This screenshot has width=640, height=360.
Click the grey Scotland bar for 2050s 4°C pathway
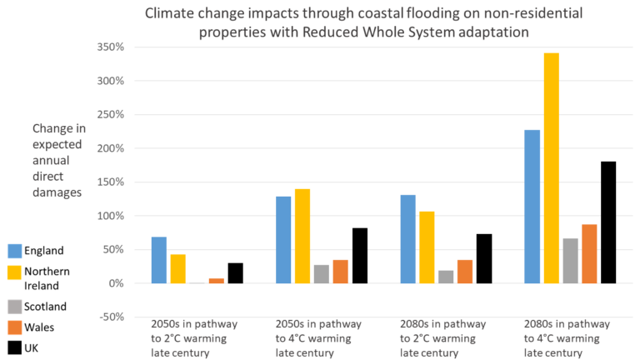[x=322, y=274]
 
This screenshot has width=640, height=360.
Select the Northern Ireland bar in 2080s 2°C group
[x=426, y=247]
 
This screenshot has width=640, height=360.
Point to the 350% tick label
[x=109, y=47]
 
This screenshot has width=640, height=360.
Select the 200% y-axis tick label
[x=109, y=148]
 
